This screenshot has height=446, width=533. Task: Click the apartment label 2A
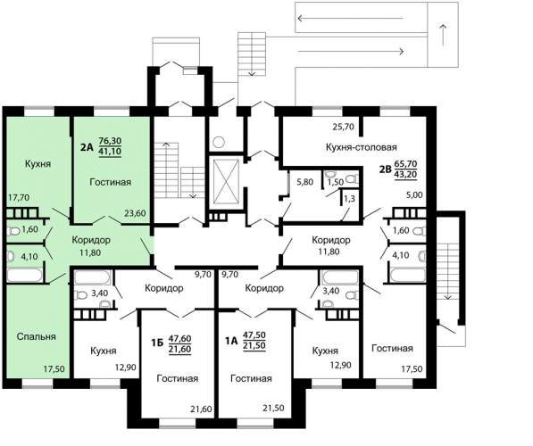point(87,147)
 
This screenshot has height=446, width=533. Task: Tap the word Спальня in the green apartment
point(36,336)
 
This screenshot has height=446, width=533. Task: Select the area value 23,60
point(135,213)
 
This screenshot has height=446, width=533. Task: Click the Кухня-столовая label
point(362,147)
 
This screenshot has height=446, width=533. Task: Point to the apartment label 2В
point(386,169)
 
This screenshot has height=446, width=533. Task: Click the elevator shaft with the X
point(226,182)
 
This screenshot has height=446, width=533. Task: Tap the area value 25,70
point(344,127)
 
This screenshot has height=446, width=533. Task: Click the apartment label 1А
point(231,341)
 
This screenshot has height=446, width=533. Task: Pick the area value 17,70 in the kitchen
point(19,197)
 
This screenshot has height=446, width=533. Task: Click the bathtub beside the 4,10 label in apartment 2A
point(25,275)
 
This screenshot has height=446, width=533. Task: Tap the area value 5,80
point(305,182)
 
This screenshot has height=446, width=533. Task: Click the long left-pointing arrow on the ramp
point(351,19)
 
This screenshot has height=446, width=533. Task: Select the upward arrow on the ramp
point(443,35)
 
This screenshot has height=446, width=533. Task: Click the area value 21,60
point(201,409)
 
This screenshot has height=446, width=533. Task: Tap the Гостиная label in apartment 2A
point(111,182)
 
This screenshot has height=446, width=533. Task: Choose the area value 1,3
point(349,198)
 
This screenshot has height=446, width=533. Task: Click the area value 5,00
point(415,195)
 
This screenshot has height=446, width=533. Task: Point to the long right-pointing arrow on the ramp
point(351,52)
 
